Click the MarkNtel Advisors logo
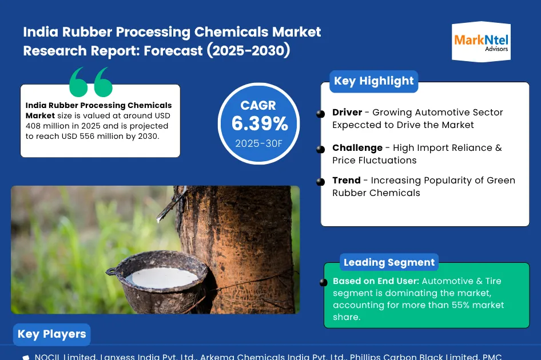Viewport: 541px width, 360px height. tap(481, 41)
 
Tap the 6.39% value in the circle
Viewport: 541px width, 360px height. tap(259, 123)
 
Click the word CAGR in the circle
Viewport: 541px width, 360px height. tap(258, 105)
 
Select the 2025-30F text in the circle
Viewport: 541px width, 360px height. tap(259, 143)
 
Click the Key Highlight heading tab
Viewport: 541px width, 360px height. tap(373, 81)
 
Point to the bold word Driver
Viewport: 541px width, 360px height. tap(347, 113)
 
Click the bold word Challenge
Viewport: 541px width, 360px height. tap(357, 148)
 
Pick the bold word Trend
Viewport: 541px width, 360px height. tap(347, 181)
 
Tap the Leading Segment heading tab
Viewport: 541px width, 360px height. tap(389, 263)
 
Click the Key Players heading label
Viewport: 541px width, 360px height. tap(51, 334)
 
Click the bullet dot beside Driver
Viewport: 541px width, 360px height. tap(321, 114)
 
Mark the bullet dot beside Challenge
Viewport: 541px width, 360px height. tap(321, 149)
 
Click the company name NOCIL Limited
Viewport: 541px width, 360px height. tap(65, 357)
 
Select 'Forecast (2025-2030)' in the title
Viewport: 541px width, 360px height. tap(218, 51)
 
